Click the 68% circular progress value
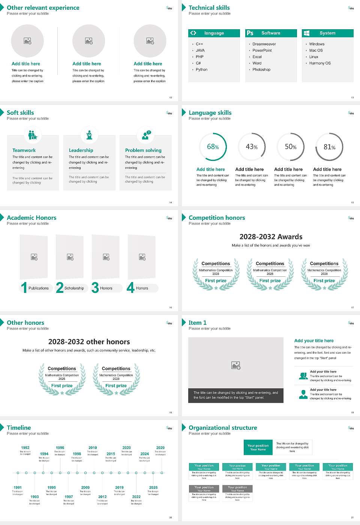[213, 147]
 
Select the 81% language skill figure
[329, 147]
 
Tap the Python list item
[201, 69]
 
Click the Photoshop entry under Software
[261, 69]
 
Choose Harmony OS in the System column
[319, 63]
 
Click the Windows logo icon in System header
[306, 33]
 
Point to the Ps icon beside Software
[250, 33]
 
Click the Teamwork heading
[24, 150]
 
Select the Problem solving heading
[143, 150]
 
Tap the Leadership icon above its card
[89, 135]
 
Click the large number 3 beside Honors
[95, 288]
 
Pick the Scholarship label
[74, 288]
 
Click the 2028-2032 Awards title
[271, 237]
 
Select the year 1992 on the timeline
[25, 447]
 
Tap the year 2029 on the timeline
[160, 447]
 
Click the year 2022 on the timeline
[136, 496]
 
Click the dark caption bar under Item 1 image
[235, 395]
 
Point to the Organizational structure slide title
[223, 427]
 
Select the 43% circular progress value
[252, 147]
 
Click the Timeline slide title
[19, 427]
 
